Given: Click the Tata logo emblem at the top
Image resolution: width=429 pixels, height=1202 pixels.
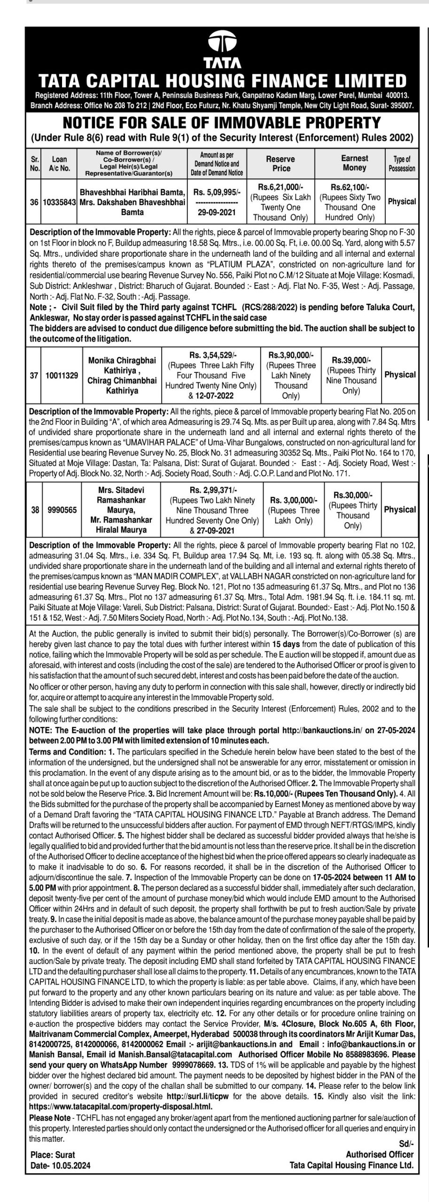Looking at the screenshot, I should click(222, 43).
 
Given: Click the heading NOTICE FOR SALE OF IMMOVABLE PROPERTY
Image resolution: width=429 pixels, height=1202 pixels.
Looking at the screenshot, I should click(221, 123).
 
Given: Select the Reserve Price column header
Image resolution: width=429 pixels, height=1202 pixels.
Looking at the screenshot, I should click(281, 163).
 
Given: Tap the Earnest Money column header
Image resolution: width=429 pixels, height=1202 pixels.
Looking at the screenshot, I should click(354, 163).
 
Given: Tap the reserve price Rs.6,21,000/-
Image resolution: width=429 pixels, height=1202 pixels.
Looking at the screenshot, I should click(280, 187).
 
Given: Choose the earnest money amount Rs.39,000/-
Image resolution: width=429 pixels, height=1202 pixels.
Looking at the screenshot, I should click(351, 360).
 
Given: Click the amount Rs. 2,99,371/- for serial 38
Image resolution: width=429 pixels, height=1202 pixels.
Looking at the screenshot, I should click(214, 490).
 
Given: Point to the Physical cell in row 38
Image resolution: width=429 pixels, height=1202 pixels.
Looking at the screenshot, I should click(400, 509).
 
